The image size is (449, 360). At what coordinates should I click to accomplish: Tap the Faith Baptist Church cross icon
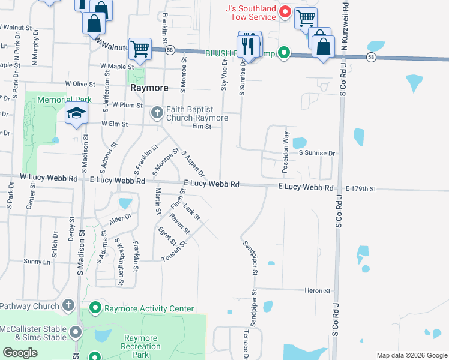[x=157, y=112]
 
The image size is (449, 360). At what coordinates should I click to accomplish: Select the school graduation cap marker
[x=76, y=114]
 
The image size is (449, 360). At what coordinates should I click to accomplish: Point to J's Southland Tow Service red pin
[x=286, y=11]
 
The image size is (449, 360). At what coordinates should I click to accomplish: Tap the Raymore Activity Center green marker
[x=95, y=308]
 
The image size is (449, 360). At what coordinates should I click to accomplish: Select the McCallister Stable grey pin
[x=76, y=332]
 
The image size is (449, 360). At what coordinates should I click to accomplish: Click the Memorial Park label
[x=64, y=100]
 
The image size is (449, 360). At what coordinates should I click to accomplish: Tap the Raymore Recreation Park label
[x=140, y=347]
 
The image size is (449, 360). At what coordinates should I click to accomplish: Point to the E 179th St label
[x=360, y=189]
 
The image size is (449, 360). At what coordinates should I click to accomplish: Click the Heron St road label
[x=318, y=291]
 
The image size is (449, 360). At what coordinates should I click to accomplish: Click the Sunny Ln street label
[x=37, y=262]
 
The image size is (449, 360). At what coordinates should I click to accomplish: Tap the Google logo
[x=20, y=353]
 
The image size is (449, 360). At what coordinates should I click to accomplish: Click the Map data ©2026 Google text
[x=411, y=355]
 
